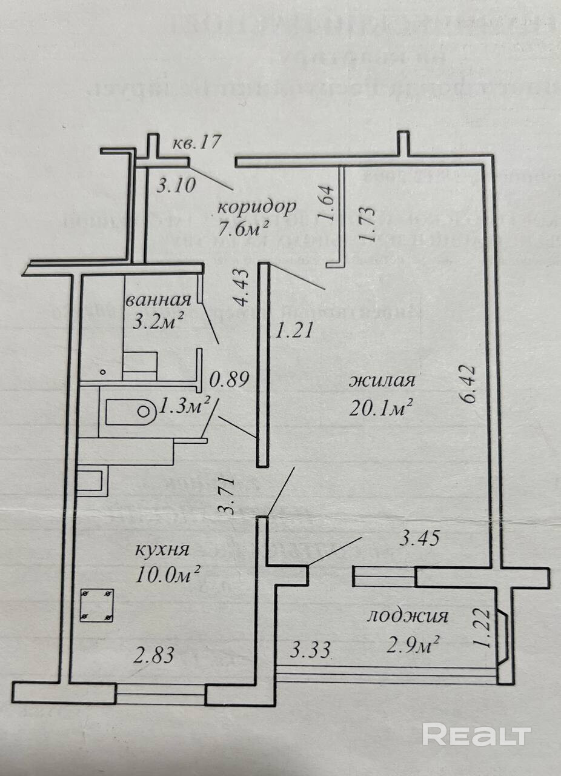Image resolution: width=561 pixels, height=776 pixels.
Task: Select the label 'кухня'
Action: click(162, 550)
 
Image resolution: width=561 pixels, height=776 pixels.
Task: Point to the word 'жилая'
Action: click(382, 382)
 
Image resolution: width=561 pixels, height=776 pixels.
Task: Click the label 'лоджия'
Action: click(408, 617)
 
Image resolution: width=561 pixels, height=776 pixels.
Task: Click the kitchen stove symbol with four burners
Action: click(97, 605)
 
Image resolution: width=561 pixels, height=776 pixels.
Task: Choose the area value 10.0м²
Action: click(164, 574)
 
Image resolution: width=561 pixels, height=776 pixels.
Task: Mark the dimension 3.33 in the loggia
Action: click(310, 652)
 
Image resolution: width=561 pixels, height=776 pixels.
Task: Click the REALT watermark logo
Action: click(476, 734)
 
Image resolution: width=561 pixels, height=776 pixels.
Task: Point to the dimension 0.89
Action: click(229, 381)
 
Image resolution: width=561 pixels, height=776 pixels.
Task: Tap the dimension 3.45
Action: click(417, 538)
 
